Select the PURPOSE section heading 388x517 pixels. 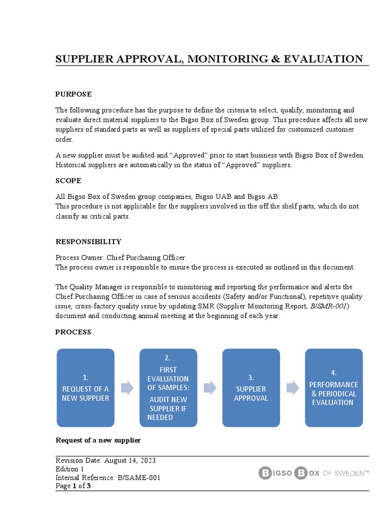[73, 94]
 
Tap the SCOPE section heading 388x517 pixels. [68, 180]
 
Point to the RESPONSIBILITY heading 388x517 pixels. [88, 242]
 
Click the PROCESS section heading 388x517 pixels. [73, 332]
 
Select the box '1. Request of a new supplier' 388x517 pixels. [85, 387]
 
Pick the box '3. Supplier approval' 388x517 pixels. [251, 387]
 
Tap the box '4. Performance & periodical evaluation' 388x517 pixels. [333, 387]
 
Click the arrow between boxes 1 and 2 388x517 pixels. [127, 388]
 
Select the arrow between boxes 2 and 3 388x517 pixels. [210, 388]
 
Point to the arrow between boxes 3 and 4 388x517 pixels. [293, 388]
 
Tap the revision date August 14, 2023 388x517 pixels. [130, 460]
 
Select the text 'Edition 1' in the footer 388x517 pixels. [70, 469]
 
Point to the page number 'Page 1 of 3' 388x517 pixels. [73, 486]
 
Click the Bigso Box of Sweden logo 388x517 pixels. [314, 473]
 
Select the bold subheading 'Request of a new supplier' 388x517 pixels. [98, 440]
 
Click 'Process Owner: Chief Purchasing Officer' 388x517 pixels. [121, 257]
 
